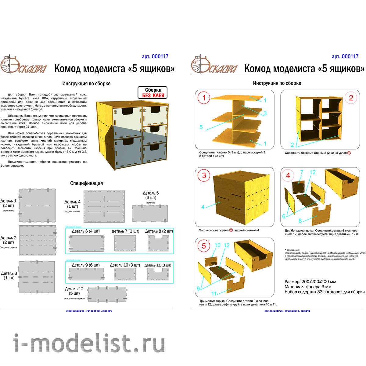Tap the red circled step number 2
click(x=351, y=98)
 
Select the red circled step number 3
click(x=204, y=175)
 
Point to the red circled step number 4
click(x=288, y=175)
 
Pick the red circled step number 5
click(x=204, y=246)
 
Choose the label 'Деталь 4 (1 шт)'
click(x=73, y=204)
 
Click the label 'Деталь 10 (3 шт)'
click(x=125, y=265)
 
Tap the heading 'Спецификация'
click(x=86, y=183)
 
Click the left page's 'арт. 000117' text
click(x=155, y=56)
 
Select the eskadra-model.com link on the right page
click(x=287, y=311)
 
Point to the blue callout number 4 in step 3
click(x=203, y=207)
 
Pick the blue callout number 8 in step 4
click(x=300, y=221)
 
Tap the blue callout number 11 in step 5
click(x=214, y=294)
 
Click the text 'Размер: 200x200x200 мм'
click(x=310, y=282)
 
